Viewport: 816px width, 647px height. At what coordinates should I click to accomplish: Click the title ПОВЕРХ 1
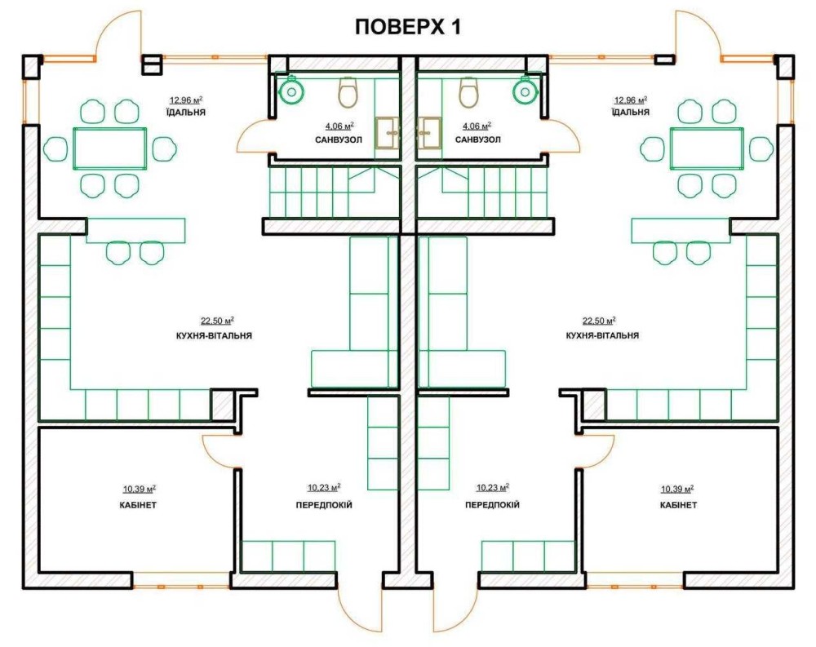[407, 27]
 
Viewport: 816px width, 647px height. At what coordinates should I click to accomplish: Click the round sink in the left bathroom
[291, 90]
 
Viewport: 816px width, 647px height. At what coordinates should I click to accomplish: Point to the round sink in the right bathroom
[525, 90]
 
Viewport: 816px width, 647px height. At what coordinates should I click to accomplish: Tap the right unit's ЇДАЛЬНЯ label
[630, 112]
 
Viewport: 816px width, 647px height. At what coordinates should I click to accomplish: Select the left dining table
[109, 148]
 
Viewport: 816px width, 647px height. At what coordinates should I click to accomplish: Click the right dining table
[707, 148]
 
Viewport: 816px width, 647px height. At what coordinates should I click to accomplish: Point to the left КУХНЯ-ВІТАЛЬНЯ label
[214, 335]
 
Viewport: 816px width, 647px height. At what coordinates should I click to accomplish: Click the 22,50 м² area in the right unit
[599, 321]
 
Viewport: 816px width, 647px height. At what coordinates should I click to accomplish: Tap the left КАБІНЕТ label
[140, 505]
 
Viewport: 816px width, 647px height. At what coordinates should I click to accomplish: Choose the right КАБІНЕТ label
[678, 505]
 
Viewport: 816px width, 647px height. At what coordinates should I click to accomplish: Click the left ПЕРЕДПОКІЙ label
[324, 505]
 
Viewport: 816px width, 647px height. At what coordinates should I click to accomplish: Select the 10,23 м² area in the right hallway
[493, 488]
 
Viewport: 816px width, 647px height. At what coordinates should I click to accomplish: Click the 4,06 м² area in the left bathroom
[339, 126]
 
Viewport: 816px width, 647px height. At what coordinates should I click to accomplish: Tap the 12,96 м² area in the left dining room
[186, 100]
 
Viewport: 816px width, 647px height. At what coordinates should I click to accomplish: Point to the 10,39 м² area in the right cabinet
[677, 489]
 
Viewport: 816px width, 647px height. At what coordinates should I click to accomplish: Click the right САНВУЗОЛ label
[477, 140]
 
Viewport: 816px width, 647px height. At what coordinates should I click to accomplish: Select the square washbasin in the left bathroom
[387, 133]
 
